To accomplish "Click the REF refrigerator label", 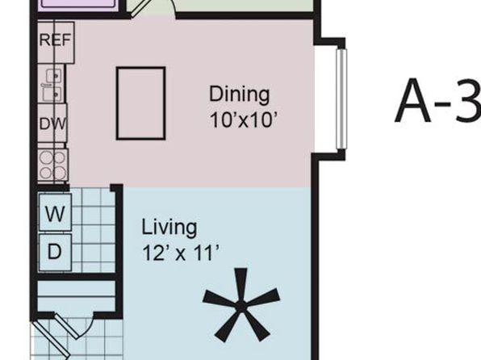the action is (x=55, y=40).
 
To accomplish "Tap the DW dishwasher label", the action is (x=52, y=124).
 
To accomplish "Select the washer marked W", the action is (x=55, y=212).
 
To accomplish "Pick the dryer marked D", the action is (x=55, y=253).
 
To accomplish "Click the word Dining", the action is (x=239, y=94).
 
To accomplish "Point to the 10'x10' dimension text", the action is (x=244, y=119).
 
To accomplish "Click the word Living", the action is (x=169, y=228).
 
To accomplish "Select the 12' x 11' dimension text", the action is (x=181, y=253).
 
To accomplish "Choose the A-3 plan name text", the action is (x=437, y=100).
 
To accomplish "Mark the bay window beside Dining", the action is (x=341, y=99).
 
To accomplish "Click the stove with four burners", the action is (x=52, y=165).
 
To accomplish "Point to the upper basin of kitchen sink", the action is (x=54, y=76).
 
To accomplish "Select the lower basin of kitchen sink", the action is (x=52, y=94).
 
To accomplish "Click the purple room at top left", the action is (x=79, y=5).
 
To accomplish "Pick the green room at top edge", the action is (x=244, y=6).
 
